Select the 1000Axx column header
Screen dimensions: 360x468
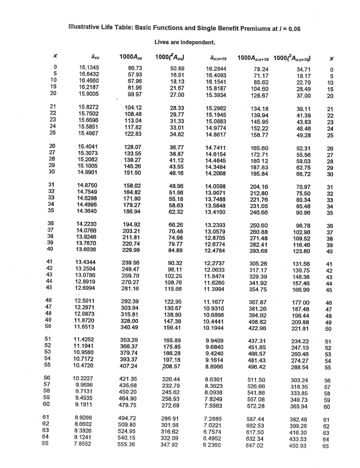click(131, 57)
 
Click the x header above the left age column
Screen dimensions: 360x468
click(55, 57)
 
